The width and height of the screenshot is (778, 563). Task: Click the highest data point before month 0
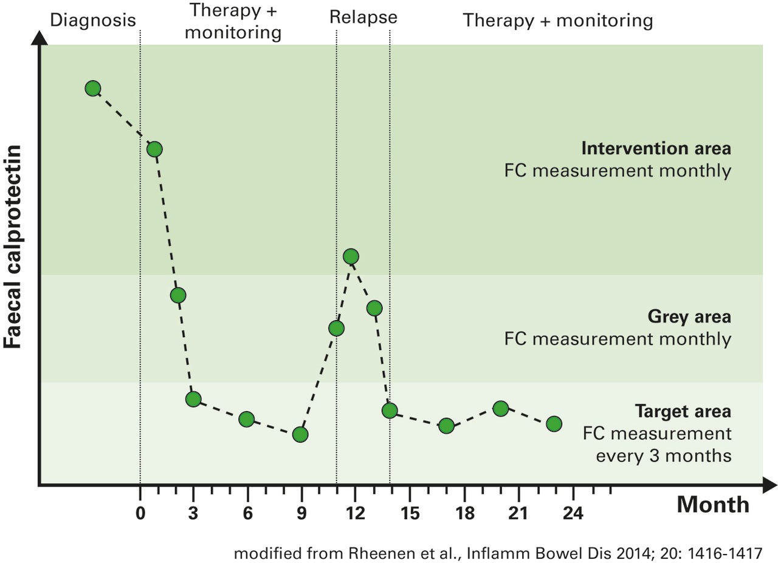[92, 89]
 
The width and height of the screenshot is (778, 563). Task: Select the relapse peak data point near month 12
[351, 256]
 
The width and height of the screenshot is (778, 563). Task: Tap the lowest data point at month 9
[300, 434]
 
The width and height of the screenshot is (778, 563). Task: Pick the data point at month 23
[554, 423]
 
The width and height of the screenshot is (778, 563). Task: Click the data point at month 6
[246, 419]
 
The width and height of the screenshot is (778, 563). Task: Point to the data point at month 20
[500, 408]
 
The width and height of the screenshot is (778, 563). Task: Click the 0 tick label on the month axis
[140, 513]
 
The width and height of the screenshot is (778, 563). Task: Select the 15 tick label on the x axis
[410, 513]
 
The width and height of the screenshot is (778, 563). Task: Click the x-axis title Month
[713, 505]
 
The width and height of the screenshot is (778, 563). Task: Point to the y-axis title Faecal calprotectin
[13, 246]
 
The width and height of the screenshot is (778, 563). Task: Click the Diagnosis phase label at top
[92, 20]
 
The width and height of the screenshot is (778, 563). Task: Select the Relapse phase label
[363, 17]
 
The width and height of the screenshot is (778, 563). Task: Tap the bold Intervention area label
[656, 149]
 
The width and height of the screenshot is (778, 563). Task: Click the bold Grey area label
[689, 316]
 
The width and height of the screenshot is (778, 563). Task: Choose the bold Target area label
[683, 412]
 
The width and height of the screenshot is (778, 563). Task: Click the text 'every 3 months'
[663, 456]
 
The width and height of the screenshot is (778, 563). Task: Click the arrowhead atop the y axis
[40, 38]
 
